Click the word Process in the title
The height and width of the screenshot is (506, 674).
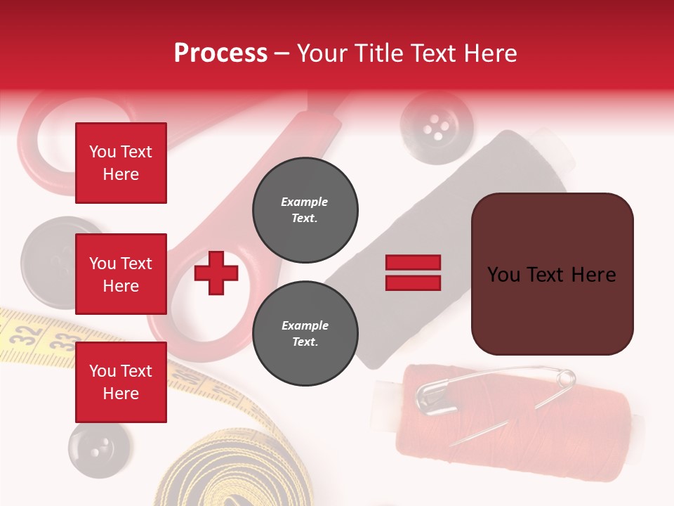220,53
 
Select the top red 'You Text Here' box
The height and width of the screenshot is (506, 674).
121,163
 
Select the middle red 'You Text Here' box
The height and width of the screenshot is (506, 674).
121,274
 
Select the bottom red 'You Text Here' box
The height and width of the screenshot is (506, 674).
121,382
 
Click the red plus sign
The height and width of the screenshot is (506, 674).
216,273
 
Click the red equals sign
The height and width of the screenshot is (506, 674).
413,273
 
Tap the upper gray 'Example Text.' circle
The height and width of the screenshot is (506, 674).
305,209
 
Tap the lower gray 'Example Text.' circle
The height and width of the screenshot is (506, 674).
305,334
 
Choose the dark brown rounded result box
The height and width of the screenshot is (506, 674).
552,273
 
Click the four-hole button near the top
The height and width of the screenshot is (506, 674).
437,126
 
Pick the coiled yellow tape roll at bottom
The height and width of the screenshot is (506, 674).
232,471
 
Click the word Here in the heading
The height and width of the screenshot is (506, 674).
489,53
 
